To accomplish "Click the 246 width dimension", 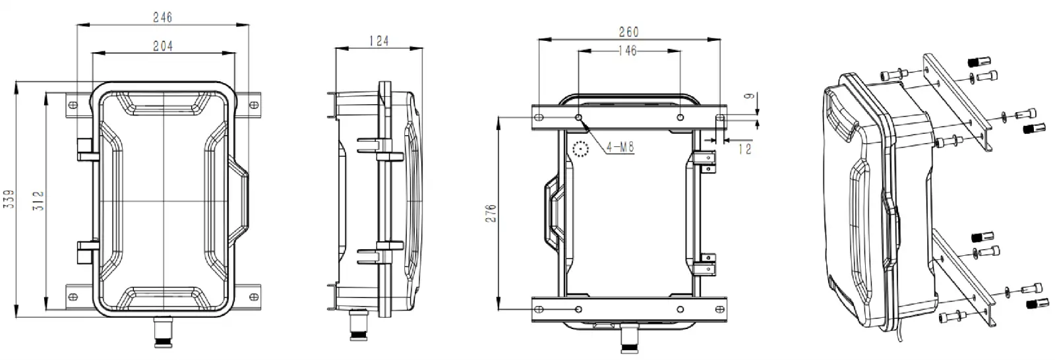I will (162, 18).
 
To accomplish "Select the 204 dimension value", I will (162, 46).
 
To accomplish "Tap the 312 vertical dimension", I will (38, 200).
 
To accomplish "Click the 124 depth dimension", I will (378, 41).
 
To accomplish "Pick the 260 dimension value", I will (629, 32).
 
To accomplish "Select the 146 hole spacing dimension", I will (628, 51).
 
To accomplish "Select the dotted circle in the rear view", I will (580, 150).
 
